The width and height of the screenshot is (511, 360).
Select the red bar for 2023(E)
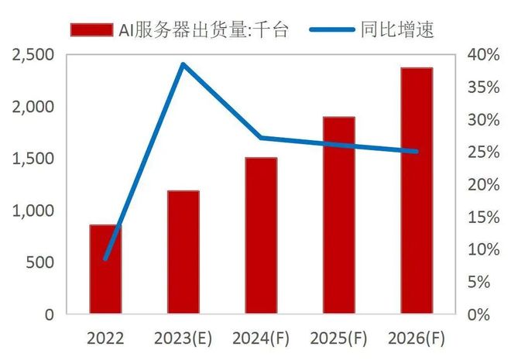183,252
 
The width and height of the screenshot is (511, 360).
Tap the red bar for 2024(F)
261,236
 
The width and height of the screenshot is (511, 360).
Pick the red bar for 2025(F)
338,215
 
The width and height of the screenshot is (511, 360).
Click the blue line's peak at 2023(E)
183,64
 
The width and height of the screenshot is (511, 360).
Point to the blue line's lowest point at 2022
105,259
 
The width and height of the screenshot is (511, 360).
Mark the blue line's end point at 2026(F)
417,152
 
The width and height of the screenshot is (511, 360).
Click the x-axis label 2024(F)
261,338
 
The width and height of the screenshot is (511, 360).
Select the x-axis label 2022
105,338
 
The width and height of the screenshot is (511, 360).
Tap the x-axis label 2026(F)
417,338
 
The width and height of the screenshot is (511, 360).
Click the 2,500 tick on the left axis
32,55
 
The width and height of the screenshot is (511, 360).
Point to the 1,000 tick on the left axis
32,211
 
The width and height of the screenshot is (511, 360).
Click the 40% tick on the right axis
482,55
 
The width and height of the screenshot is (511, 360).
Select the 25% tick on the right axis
482,153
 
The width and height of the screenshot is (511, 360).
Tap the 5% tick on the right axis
485,282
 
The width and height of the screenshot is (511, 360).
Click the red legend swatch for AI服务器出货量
91,29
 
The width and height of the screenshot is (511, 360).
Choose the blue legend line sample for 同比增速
331,29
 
